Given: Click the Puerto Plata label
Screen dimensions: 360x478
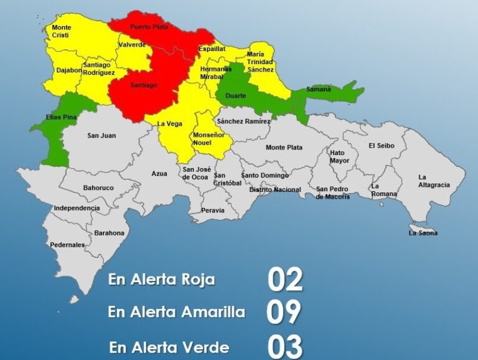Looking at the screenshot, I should [x=149, y=27].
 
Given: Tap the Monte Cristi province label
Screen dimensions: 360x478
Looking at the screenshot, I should [x=61, y=32].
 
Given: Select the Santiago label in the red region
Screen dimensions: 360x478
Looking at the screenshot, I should [x=143, y=85].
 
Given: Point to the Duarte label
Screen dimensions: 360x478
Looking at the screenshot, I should [x=235, y=95].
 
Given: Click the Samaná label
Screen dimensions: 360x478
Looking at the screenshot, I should [x=318, y=90].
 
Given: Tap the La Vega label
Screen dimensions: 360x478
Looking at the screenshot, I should [x=169, y=123].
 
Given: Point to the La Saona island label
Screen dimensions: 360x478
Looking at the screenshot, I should [x=423, y=233].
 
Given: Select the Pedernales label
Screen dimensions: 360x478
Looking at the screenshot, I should [x=67, y=245].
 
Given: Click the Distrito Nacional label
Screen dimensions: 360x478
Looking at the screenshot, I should [x=275, y=189].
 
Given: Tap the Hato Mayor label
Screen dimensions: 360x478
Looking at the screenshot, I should [x=339, y=156].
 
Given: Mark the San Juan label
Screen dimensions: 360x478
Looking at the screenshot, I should [x=101, y=135].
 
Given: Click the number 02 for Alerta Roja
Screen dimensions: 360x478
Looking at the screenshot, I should [x=285, y=280].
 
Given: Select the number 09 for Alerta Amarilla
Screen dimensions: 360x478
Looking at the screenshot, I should [x=284, y=313].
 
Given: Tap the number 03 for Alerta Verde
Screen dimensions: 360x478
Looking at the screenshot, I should [x=285, y=346].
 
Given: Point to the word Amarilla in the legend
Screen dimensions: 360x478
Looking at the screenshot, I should [x=212, y=312].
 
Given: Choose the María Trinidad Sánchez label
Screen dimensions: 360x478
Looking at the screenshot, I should [x=260, y=62].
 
